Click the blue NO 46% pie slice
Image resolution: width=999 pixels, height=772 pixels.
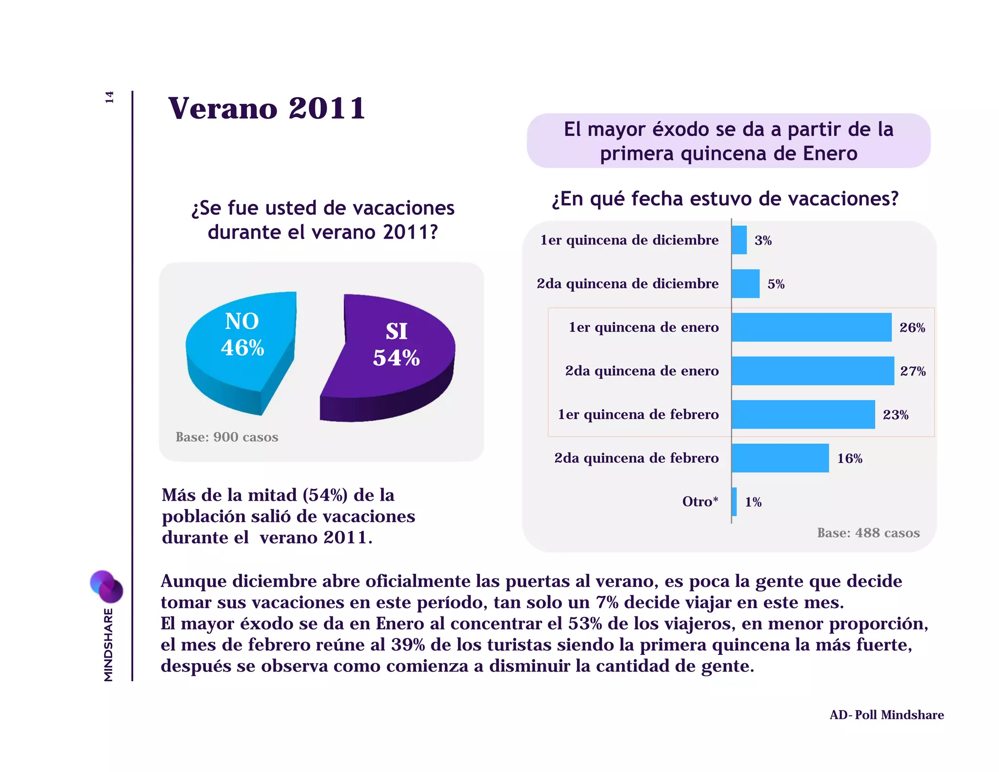tap(239, 351)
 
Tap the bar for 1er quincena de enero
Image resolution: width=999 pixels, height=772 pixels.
tap(811, 327)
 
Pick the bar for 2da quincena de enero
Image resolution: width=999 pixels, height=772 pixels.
tap(812, 371)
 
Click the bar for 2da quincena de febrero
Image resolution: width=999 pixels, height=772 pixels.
tap(779, 458)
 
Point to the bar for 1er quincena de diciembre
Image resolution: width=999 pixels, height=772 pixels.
tap(739, 240)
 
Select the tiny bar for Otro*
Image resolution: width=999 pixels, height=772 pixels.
tap(734, 502)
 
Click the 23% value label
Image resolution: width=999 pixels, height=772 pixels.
tap(896, 415)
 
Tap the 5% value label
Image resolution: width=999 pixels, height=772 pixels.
tap(776, 284)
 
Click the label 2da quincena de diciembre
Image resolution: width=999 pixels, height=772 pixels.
tap(627, 284)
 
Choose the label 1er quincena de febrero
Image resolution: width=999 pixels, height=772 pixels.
tap(638, 414)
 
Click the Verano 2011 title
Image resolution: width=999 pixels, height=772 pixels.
tap(266, 108)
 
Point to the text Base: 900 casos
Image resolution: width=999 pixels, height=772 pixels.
tap(227, 437)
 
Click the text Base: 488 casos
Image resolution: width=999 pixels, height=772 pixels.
tap(868, 532)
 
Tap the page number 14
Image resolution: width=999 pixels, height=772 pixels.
tap(109, 97)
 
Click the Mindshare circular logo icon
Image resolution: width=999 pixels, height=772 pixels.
tap(106, 586)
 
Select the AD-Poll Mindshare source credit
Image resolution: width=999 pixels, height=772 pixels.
tap(886, 715)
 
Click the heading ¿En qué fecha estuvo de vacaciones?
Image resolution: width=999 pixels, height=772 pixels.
tap(725, 199)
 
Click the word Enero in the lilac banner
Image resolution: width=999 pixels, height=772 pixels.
tap(830, 153)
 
